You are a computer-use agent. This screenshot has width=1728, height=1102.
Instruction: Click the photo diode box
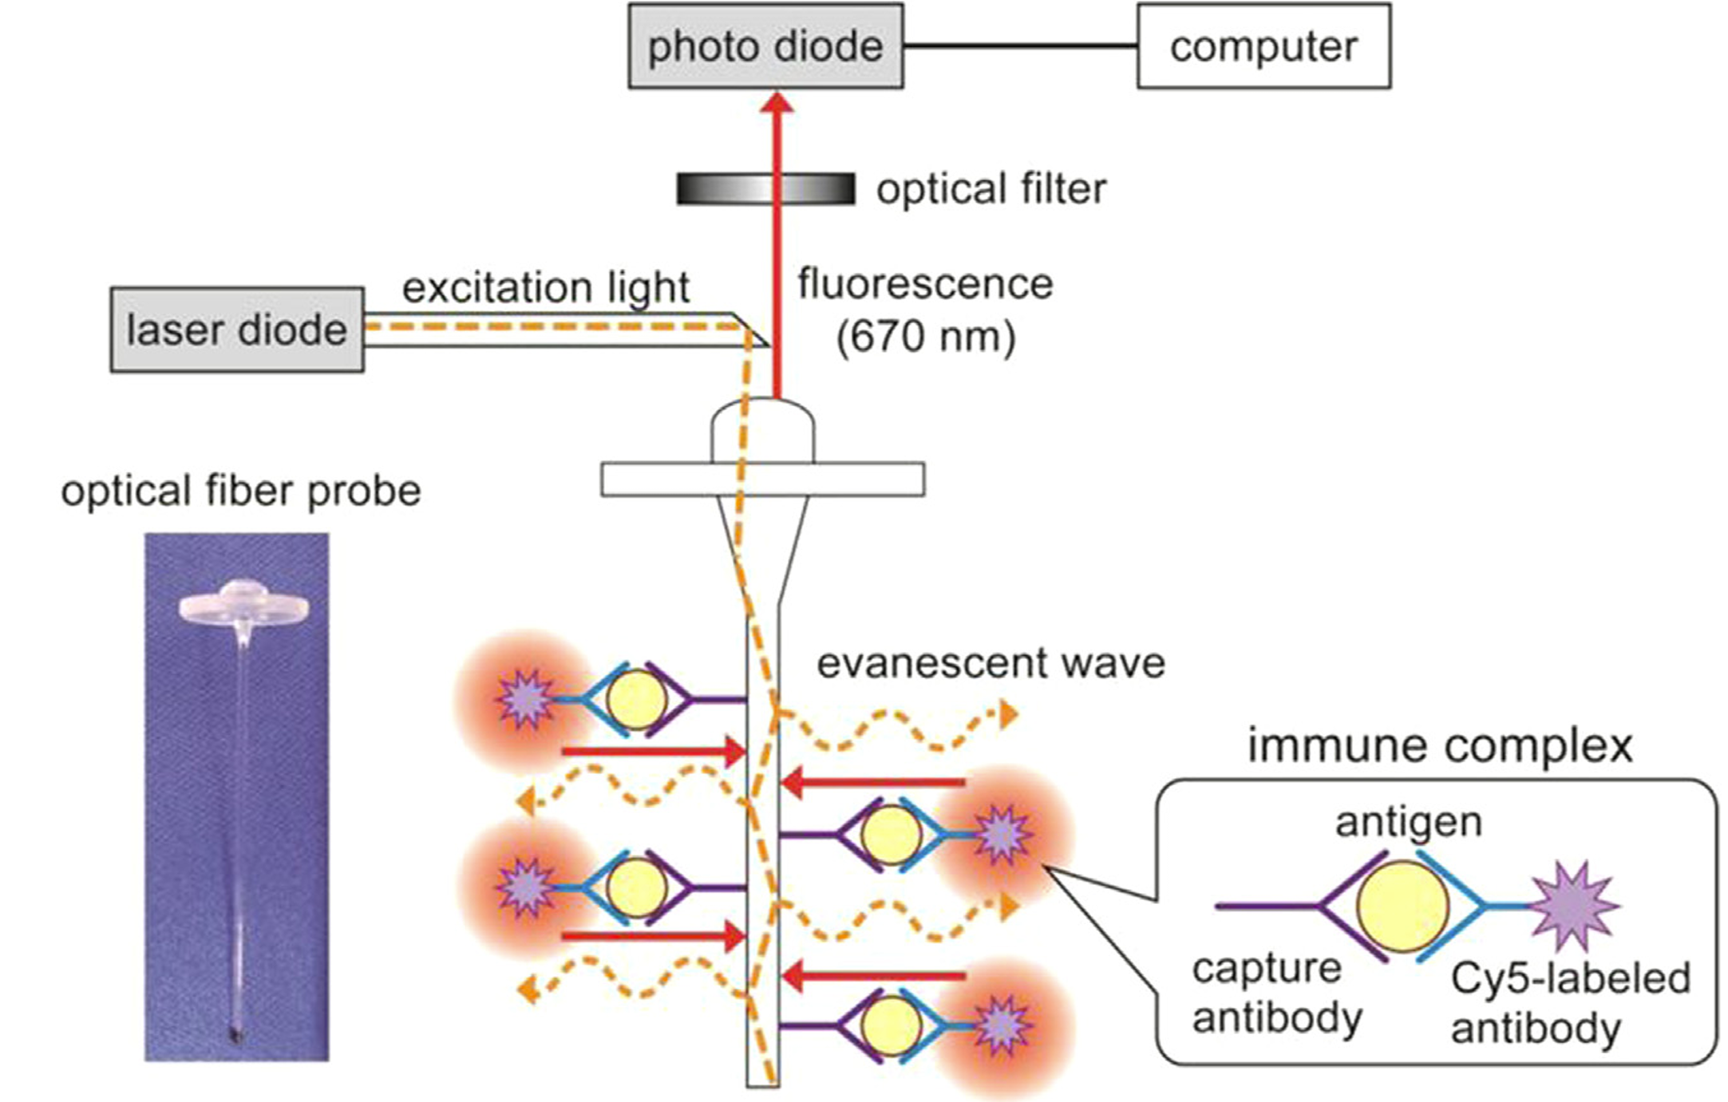pyautogui.click(x=765, y=46)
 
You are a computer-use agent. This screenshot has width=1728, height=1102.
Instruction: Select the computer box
pyautogui.click(x=1263, y=46)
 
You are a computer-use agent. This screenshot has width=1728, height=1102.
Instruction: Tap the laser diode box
pyautogui.click(x=237, y=330)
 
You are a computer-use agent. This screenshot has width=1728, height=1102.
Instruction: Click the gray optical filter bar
pyautogui.click(x=765, y=189)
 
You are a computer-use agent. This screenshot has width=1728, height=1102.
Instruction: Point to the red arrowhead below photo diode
pyautogui.click(x=778, y=102)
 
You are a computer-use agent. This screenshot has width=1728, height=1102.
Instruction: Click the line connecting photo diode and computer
pyautogui.click(x=1020, y=46)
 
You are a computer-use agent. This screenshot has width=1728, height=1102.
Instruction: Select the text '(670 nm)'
pyautogui.click(x=926, y=336)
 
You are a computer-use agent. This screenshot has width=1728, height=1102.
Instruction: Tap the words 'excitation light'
pyautogui.click(x=546, y=287)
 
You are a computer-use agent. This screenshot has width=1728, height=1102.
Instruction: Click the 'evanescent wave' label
pyautogui.click(x=991, y=663)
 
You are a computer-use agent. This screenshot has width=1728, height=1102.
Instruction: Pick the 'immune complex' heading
pyautogui.click(x=1440, y=746)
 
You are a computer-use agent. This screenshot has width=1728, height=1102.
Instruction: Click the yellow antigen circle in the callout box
pyautogui.click(x=1402, y=906)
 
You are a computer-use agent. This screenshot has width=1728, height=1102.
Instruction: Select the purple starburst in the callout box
pyautogui.click(x=1572, y=906)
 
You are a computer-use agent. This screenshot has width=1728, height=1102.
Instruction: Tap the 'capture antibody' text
pyautogui.click(x=1276, y=993)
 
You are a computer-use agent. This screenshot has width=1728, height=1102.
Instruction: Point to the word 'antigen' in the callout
pyautogui.click(x=1409, y=822)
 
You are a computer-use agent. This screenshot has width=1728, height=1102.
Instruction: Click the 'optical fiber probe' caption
pyautogui.click(x=241, y=491)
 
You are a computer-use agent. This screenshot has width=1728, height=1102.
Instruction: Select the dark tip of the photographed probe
pyautogui.click(x=236, y=1036)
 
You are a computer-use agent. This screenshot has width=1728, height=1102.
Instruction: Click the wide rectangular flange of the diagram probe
pyautogui.click(x=762, y=480)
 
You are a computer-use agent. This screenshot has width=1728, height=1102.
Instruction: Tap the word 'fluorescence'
pyautogui.click(x=925, y=284)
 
